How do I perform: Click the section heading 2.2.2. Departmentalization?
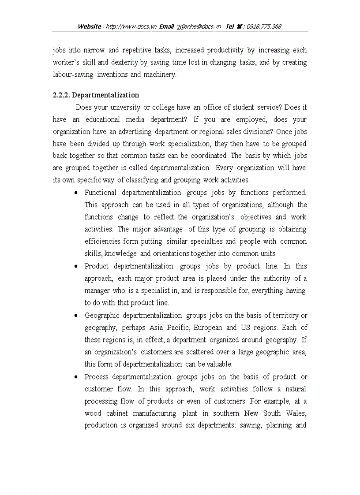96,95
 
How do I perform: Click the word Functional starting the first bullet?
101,193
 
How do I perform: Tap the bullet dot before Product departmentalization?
76,267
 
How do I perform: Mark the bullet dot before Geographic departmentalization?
76,316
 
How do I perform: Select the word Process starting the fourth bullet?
96,377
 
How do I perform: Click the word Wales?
296,413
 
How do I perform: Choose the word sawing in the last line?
251,425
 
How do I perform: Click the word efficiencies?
102,242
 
